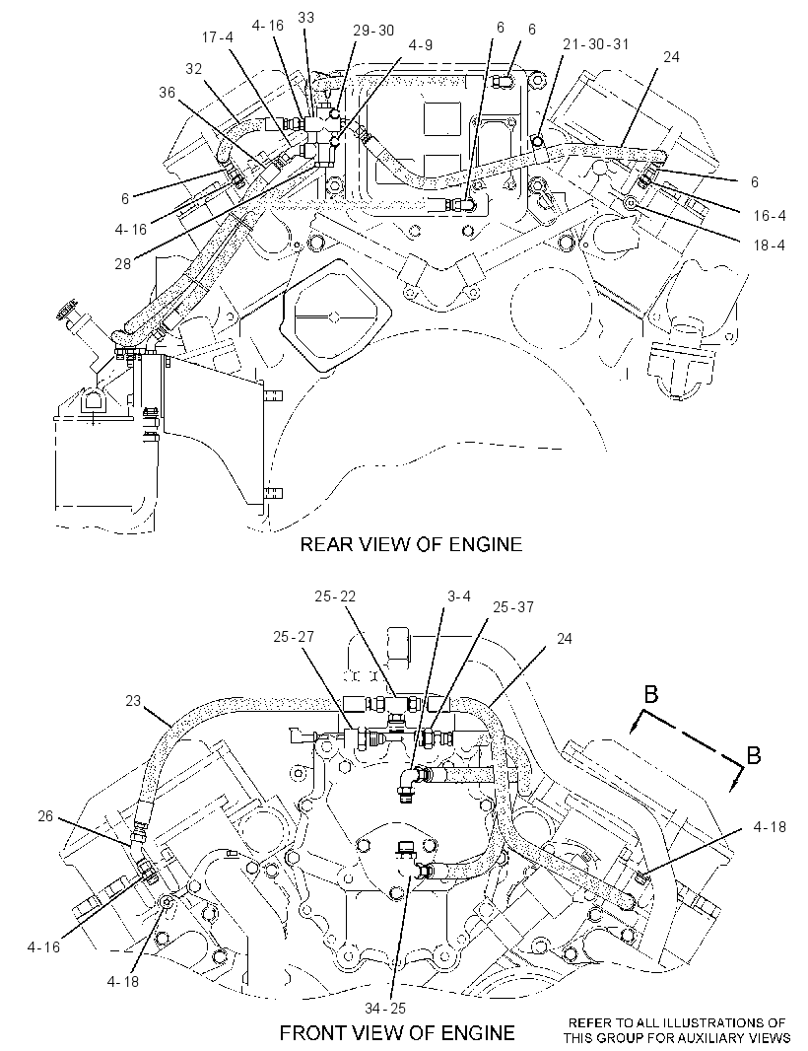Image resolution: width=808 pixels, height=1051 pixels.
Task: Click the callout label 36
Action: [x=168, y=92]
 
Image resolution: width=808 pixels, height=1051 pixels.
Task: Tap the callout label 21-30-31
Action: [x=596, y=44]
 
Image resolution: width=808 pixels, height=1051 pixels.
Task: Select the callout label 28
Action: [x=122, y=264]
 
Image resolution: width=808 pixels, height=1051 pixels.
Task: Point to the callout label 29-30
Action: [x=373, y=31]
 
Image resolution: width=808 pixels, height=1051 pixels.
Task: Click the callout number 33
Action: [x=306, y=18]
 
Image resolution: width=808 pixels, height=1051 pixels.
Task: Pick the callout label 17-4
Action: [x=218, y=37]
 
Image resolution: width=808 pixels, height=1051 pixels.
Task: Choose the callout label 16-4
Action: [x=770, y=216]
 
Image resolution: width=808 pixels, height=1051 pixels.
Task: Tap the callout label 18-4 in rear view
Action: [x=770, y=245]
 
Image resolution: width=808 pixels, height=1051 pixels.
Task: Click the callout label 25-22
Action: [x=335, y=596]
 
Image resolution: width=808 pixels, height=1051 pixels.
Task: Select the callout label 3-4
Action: [x=459, y=596]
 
